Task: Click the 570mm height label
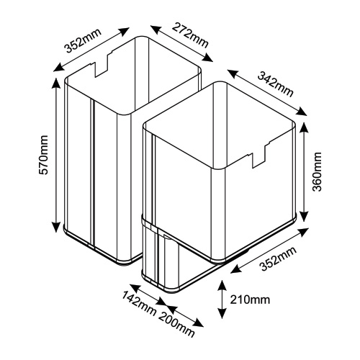44,155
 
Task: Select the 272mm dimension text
190,35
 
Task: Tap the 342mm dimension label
276,85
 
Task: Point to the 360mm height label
317,171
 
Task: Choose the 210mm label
250,300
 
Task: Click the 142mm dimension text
139,304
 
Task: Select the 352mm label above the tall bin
83,41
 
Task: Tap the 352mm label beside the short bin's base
279,259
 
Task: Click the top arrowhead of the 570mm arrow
56,83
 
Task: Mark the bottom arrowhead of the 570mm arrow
56,227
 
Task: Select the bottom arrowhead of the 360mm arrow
304,216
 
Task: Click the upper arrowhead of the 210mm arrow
222,285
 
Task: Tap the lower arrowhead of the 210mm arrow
222,313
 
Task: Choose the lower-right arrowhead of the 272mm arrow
207,58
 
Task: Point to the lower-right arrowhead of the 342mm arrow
302,112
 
